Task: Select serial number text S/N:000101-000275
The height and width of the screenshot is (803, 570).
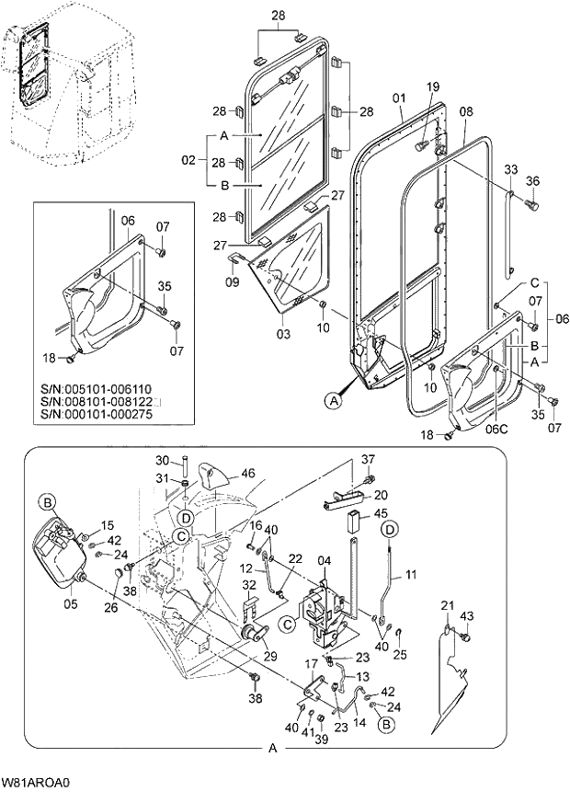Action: (x=98, y=415)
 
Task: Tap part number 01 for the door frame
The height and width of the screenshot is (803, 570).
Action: (x=399, y=97)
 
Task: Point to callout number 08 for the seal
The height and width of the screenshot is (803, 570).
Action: (x=465, y=111)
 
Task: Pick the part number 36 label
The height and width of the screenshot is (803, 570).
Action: (x=530, y=180)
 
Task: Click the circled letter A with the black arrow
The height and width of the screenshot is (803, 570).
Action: (x=333, y=399)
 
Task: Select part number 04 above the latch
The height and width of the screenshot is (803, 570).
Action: (x=325, y=561)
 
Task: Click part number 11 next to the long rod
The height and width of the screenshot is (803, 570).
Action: (x=410, y=575)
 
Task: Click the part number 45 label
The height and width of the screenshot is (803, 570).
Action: (x=381, y=513)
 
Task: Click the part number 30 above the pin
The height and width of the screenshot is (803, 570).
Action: (x=162, y=460)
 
